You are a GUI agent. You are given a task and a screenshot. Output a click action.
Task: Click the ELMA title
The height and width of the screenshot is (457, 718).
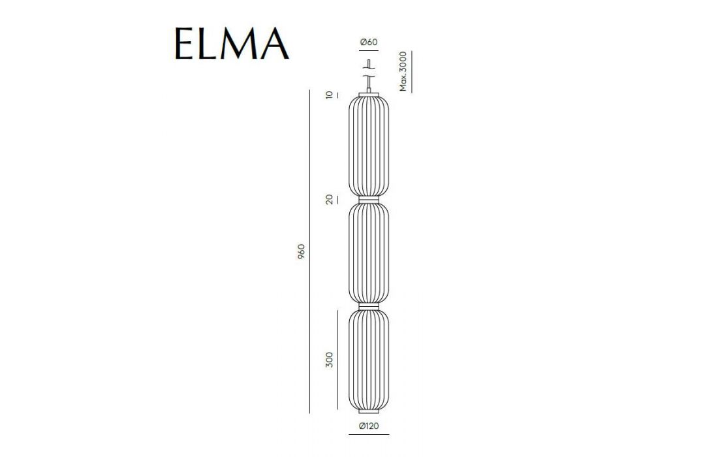tap(232, 44)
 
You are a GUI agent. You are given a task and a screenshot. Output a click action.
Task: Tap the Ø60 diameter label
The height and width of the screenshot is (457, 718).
tap(369, 42)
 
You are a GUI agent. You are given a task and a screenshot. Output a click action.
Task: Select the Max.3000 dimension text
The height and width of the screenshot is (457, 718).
tap(403, 71)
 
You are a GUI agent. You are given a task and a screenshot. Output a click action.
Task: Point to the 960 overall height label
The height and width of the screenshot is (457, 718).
tap(301, 252)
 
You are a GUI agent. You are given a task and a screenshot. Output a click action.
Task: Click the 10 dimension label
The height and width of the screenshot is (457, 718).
tap(330, 95)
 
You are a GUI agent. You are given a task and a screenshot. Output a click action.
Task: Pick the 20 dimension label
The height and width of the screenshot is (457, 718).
tap(330, 200)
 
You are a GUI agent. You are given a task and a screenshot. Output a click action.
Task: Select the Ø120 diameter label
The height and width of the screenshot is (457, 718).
tap(369, 426)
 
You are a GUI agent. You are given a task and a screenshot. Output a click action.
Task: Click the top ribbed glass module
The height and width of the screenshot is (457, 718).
tap(369, 146)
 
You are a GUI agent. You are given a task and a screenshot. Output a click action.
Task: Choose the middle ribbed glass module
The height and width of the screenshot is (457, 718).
tap(369, 252)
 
